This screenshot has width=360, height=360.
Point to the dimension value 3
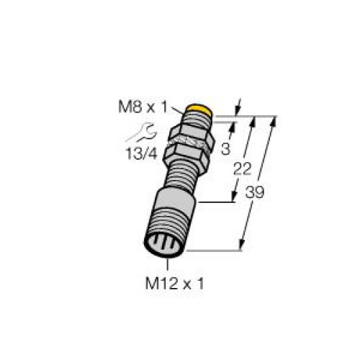pyautogui.click(x=225, y=150)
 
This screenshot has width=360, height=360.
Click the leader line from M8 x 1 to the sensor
pyautogui.click(x=178, y=111)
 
